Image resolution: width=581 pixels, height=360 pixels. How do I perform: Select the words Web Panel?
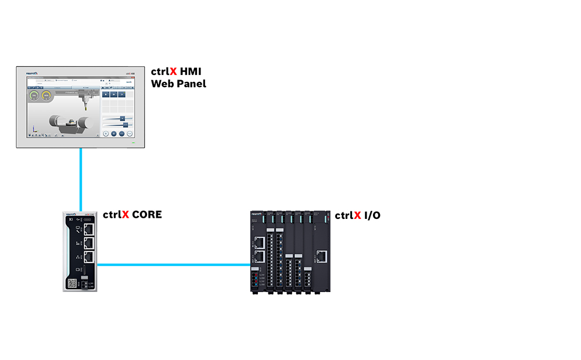[x=178, y=84]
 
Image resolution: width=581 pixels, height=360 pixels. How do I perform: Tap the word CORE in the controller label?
[x=147, y=215]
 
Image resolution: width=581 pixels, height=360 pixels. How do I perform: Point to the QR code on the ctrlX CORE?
[x=73, y=283]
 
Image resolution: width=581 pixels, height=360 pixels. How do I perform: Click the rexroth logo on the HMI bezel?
[x=33, y=74]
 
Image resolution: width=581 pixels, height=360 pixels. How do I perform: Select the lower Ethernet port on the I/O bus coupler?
[x=259, y=255]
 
